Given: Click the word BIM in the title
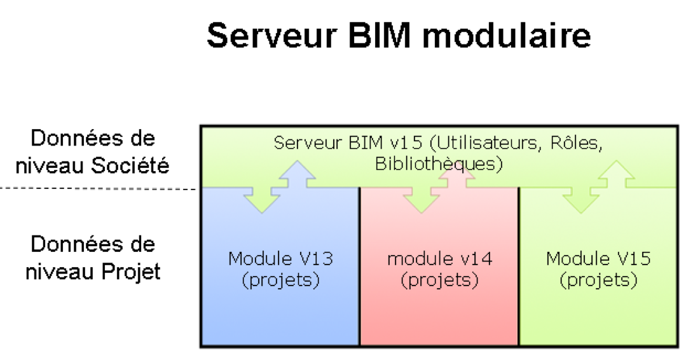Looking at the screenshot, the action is (379, 36).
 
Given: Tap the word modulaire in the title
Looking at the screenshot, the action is (507, 36).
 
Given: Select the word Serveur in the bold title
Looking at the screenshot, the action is (272, 36).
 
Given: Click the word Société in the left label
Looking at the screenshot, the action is (130, 165).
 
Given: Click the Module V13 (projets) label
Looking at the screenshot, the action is (280, 269).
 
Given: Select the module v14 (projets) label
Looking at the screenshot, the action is (440, 269).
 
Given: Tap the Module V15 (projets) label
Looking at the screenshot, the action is (598, 269).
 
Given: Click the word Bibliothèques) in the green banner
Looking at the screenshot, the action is (439, 164).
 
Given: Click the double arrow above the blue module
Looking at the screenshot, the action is (280, 186).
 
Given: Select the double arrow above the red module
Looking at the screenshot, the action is (439, 186).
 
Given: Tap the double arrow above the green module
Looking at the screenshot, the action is (598, 186).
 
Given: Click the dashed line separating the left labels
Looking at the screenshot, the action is (98, 189).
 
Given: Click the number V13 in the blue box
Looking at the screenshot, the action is (317, 259).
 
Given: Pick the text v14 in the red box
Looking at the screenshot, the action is (476, 259).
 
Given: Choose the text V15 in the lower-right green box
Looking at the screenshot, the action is (635, 259).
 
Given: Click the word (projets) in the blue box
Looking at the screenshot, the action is (280, 280).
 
